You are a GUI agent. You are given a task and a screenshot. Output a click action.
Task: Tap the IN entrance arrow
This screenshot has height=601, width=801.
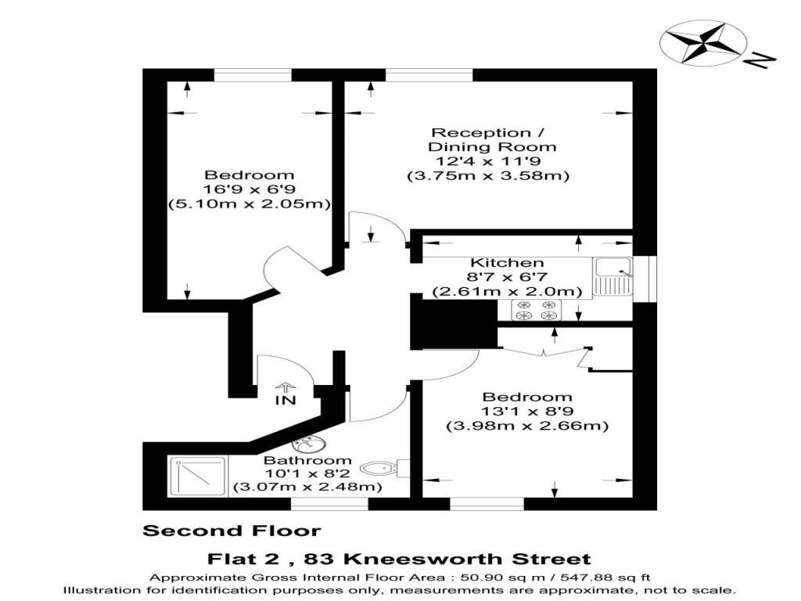(x=286, y=387)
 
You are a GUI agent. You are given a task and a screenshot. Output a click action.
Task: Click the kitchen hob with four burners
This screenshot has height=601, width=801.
(x=535, y=310)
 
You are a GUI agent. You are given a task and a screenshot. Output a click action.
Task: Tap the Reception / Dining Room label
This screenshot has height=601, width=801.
(x=492, y=139)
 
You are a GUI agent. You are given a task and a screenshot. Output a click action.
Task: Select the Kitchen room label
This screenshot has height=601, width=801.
(x=507, y=262)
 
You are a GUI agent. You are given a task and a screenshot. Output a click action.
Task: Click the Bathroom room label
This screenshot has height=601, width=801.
(x=307, y=460)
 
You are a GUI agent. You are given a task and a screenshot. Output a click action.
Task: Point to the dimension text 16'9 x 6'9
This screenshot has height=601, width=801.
(x=250, y=189)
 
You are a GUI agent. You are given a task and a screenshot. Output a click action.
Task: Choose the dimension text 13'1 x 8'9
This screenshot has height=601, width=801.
(x=527, y=412)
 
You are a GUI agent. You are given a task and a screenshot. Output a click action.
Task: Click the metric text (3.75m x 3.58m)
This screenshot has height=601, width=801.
(x=487, y=176)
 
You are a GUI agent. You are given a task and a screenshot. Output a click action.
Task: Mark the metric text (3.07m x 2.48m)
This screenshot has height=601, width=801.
(x=307, y=487)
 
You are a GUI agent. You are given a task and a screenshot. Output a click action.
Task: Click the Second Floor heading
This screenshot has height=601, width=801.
(x=232, y=531)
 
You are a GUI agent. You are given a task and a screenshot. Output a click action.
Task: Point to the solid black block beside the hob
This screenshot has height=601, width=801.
(x=454, y=323)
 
